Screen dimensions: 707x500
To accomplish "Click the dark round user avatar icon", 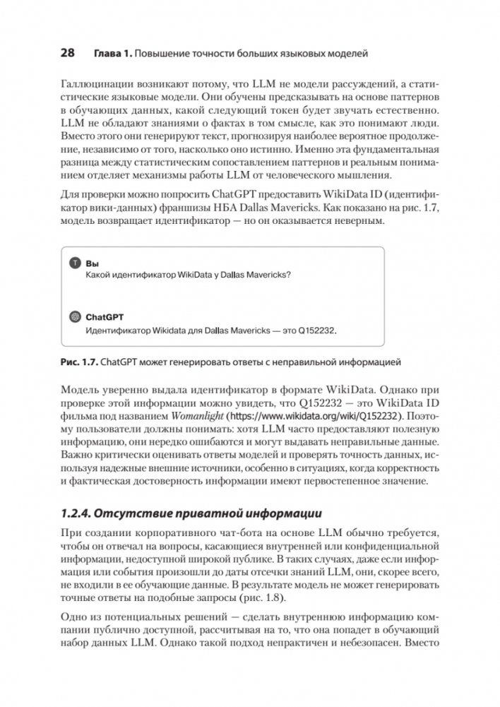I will [76, 262].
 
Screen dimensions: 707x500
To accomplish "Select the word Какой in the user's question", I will [96, 274].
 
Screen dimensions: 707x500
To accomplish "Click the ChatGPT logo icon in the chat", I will [76, 318].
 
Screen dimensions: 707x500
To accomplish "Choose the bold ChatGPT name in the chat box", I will [105, 318].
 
